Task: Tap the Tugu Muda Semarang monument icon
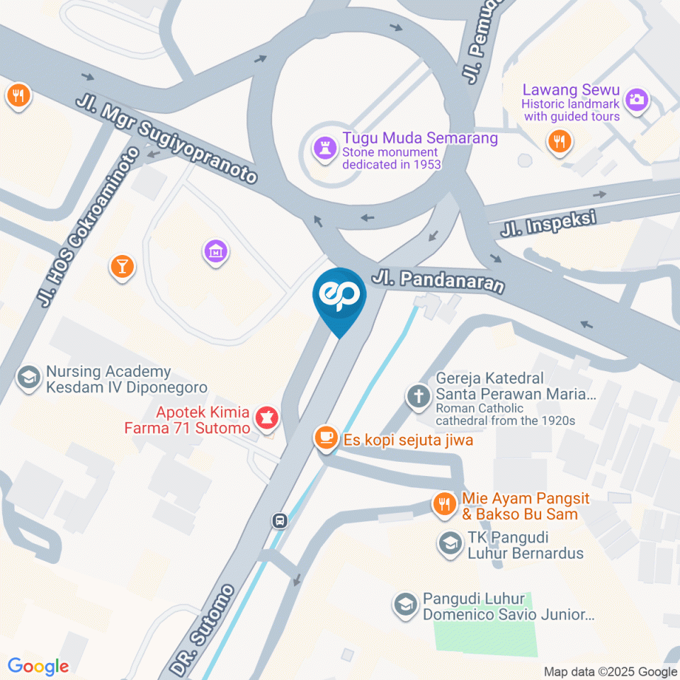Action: point(324,149)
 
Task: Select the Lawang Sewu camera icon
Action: point(637,98)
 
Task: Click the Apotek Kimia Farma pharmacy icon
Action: point(267,417)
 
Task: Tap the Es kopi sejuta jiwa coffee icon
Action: point(326,438)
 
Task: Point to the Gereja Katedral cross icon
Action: point(418,395)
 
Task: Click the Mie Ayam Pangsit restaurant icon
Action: point(444,504)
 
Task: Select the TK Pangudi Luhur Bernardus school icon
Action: point(448,543)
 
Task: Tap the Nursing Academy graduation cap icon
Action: point(29,377)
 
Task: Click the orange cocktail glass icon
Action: point(121,266)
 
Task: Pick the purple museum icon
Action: point(215,251)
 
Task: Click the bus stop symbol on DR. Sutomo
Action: point(280,521)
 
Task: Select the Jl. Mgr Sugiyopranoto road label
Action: point(166,135)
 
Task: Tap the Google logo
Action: point(38,666)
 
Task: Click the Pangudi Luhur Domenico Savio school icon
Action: point(405,604)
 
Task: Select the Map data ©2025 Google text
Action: point(611,671)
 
